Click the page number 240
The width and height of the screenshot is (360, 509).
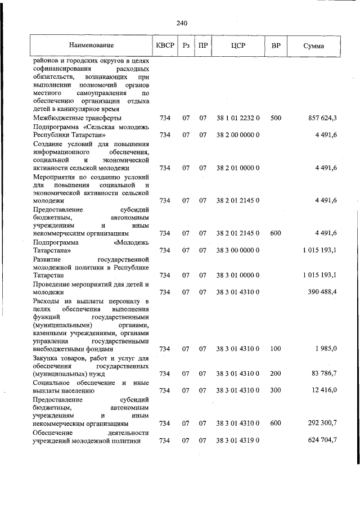pos(181,23)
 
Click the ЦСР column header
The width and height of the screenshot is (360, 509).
pos(237,45)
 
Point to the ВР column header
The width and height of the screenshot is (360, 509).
pos(276,45)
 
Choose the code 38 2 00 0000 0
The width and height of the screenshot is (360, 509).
pos(237,135)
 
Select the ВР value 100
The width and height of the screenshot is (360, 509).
pos(276,349)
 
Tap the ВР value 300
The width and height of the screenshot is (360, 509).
pos(276,390)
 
